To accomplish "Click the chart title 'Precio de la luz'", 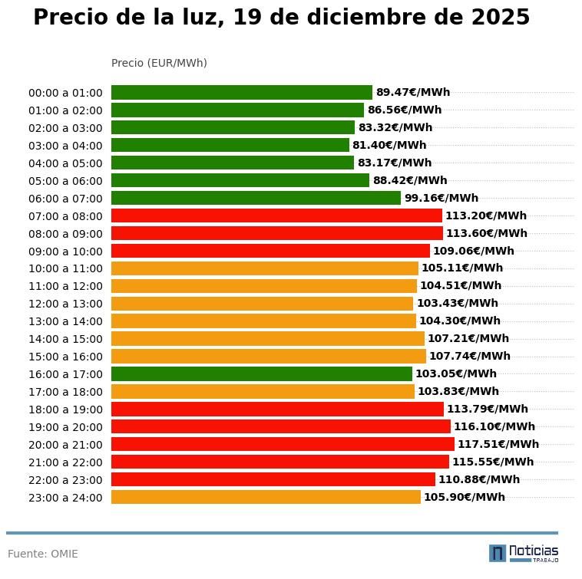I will pos(281,18).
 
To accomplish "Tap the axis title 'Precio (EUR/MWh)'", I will pos(159,63).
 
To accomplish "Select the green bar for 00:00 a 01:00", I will pos(241,92).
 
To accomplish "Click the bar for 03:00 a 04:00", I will pos(230,145).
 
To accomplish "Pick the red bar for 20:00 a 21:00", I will pos(283,444).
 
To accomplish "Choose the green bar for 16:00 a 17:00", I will pos(261,374).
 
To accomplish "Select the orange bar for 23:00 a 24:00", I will pos(266,497).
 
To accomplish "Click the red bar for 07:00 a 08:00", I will pos(276,215).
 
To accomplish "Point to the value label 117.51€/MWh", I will pos(498,444).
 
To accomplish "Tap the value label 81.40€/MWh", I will pos(389,145).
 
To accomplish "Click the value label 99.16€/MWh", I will pos(441,198).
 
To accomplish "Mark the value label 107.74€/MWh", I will pos(470,356).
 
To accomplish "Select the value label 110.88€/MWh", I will pos(479,479).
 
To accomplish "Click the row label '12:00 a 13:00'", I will pos(65,304).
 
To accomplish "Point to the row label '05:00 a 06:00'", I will pos(65,181).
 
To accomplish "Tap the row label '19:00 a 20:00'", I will pos(65,427).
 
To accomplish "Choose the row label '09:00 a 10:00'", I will pos(65,251).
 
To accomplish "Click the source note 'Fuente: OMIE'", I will pos(43,554).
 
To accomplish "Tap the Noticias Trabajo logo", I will pos(524,553).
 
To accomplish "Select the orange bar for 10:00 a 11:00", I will pos(264,268).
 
